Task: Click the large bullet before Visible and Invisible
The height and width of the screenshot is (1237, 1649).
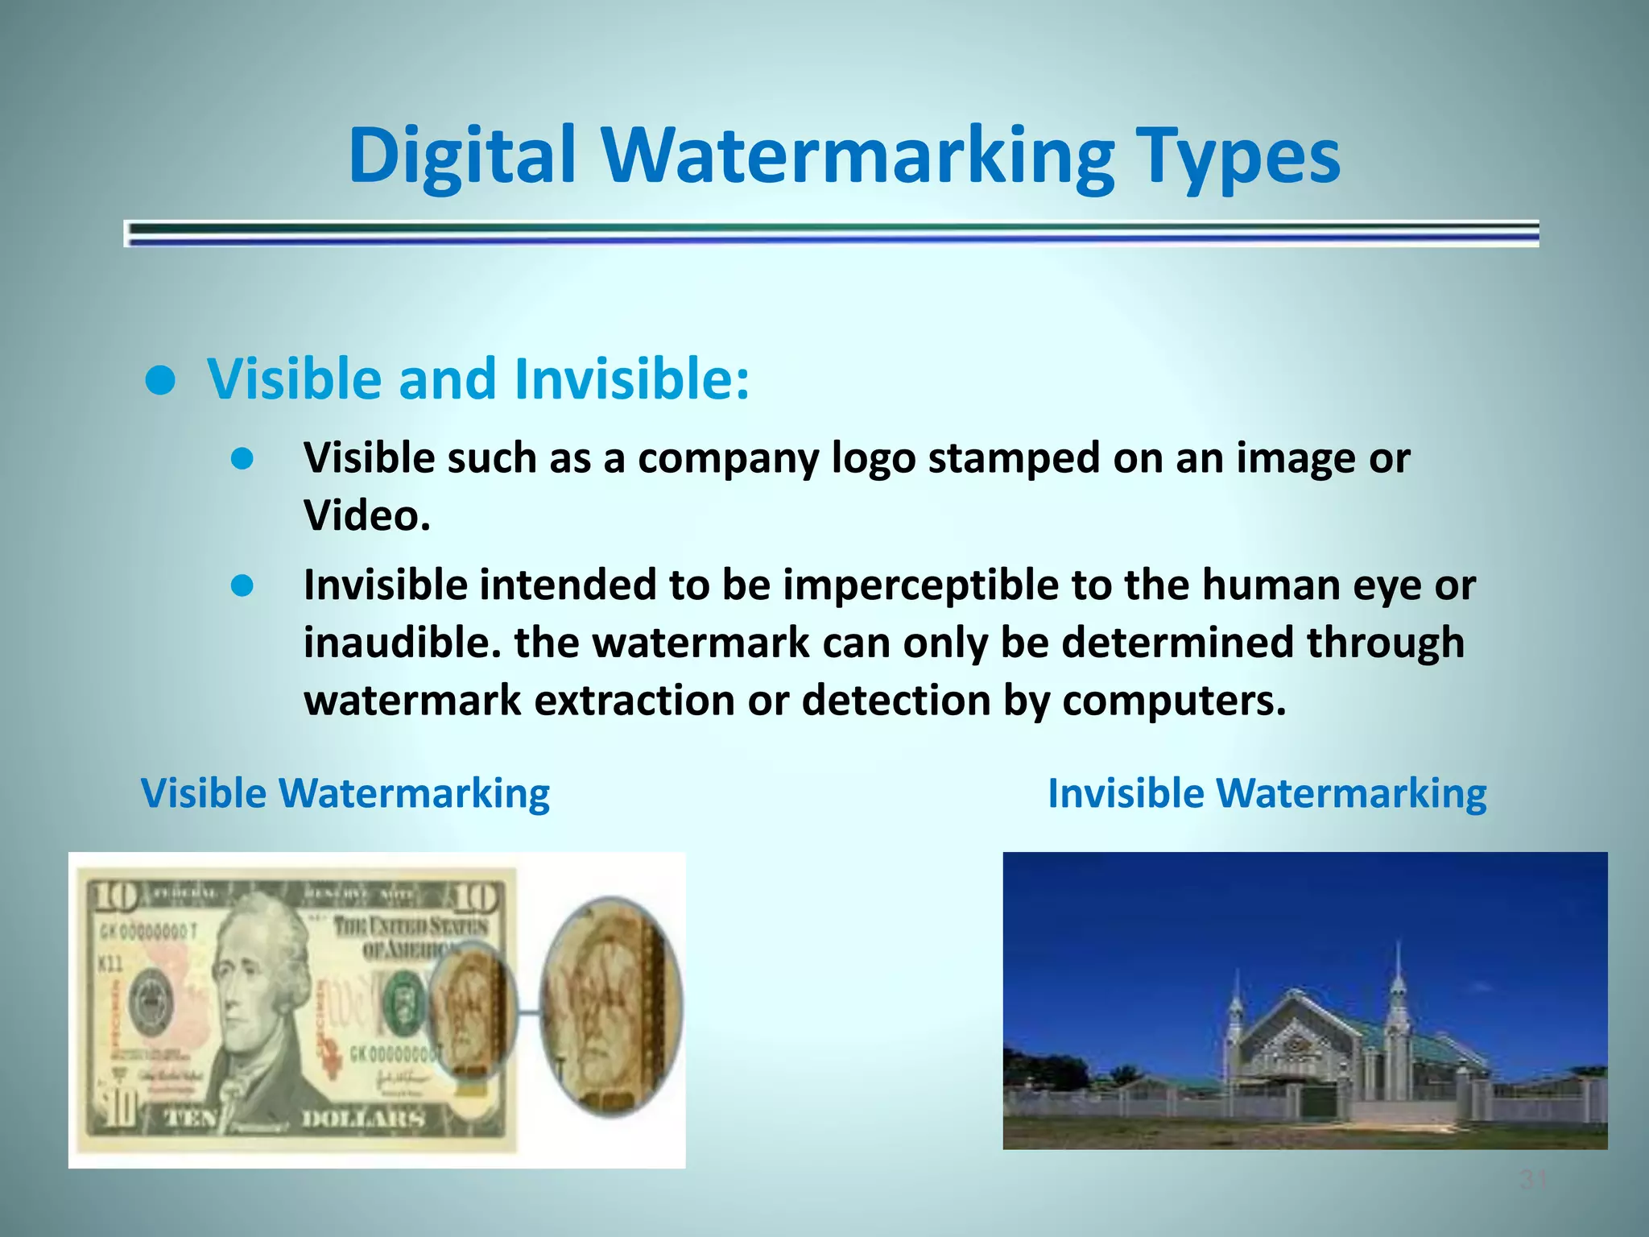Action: pyautogui.click(x=161, y=382)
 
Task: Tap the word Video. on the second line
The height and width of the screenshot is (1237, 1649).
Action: pyautogui.click(x=366, y=515)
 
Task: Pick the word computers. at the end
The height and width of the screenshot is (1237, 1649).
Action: pyautogui.click(x=1174, y=701)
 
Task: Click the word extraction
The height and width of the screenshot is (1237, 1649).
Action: pyautogui.click(x=634, y=701)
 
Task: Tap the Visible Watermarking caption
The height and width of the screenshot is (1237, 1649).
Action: pyautogui.click(x=345, y=793)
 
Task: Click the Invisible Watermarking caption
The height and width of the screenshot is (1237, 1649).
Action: pyautogui.click(x=1267, y=793)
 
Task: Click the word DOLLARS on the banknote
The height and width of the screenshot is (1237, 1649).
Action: pyautogui.click(x=362, y=1118)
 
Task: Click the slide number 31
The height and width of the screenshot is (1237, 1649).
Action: pyautogui.click(x=1532, y=1181)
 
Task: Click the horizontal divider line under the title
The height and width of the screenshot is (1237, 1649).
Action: pyautogui.click(x=831, y=234)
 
